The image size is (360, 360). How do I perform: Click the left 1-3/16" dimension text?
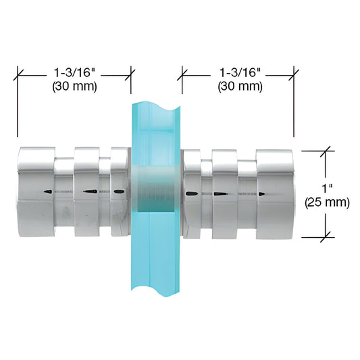coord(74,73)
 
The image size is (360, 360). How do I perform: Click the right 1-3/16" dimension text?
coord(240,73)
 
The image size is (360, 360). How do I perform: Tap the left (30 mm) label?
coord(74,86)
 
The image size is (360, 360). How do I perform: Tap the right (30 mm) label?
coord(240,86)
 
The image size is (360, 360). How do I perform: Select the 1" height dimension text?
coord(327,188)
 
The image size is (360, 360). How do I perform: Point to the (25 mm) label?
coord(327,203)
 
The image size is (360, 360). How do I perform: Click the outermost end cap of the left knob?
coord(36,192)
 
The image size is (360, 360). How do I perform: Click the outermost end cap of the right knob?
coord(275,195)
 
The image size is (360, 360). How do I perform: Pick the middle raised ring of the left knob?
coord(86,192)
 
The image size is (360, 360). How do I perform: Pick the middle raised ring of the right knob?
coord(224,195)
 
